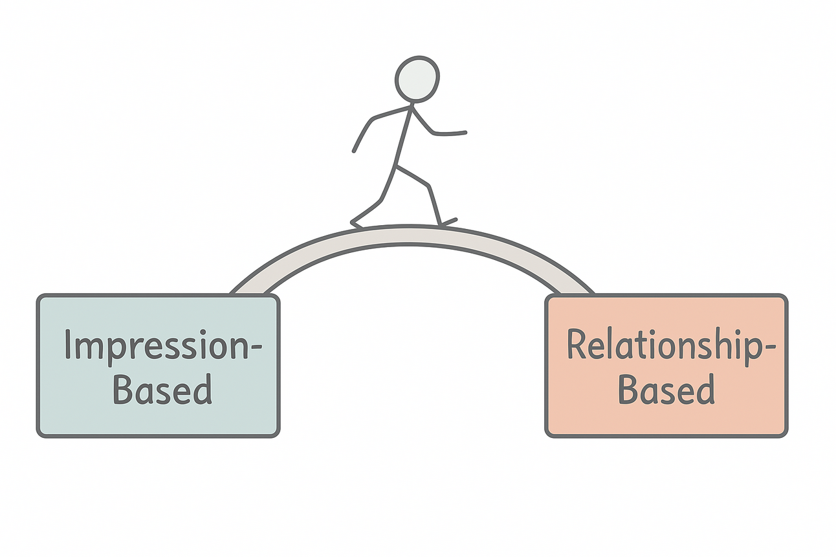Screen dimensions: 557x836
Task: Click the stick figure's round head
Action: click(x=417, y=79)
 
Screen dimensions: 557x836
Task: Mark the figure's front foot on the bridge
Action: click(x=446, y=223)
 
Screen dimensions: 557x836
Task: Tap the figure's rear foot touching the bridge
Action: click(x=357, y=223)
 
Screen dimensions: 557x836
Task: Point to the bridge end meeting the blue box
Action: click(x=248, y=288)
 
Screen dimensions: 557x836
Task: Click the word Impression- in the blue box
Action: click(x=162, y=346)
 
